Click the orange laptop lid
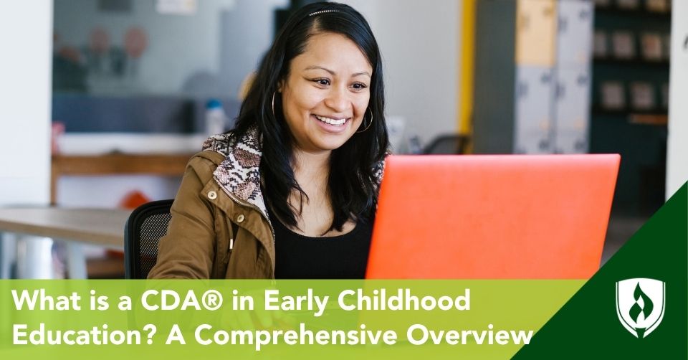click(492, 216)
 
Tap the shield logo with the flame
click(640, 308)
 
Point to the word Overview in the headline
click(469, 336)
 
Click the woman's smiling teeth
click(332, 120)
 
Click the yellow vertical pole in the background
click(466, 66)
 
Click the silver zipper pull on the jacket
click(231, 243)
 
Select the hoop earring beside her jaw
click(365, 120)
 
